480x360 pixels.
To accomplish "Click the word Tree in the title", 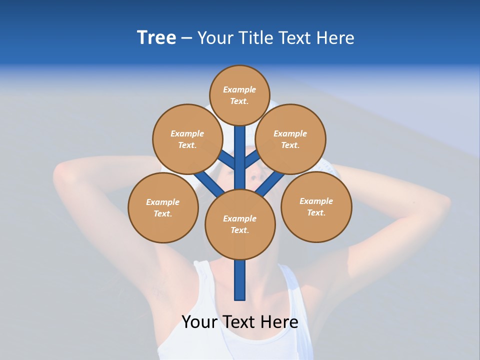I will tap(156, 38).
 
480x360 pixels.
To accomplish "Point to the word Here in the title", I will tap(335, 38).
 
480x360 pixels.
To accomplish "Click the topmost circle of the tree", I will tap(239, 95).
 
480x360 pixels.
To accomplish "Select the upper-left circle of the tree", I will tap(187, 139).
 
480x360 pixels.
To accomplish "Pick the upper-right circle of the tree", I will tap(290, 139).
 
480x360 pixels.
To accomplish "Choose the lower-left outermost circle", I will tap(163, 207).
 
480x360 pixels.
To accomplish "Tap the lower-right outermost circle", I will tap(316, 206).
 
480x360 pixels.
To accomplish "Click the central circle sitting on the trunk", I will tap(240, 224).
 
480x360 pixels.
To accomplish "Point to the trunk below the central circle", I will tap(240, 280).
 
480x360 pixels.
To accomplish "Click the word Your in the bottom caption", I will tap(198, 322).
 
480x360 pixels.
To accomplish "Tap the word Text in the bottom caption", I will tap(238, 322).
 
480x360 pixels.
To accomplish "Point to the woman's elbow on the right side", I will tap(442, 205).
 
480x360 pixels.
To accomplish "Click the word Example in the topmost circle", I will tap(239, 89).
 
